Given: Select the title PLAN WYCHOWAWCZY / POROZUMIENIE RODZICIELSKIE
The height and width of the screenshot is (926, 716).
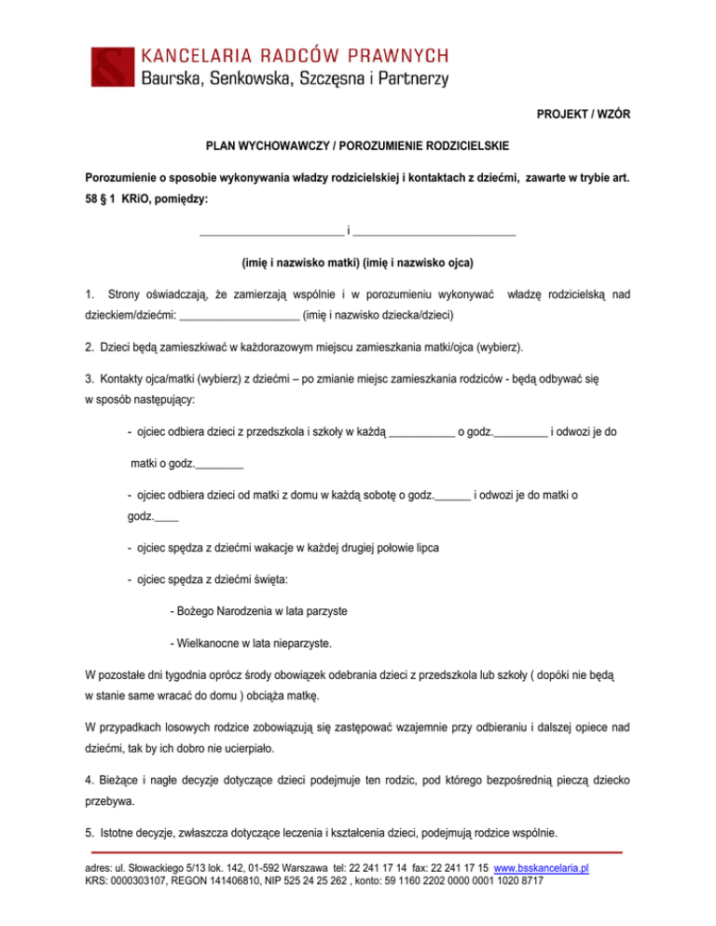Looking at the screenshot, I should point(358,146).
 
